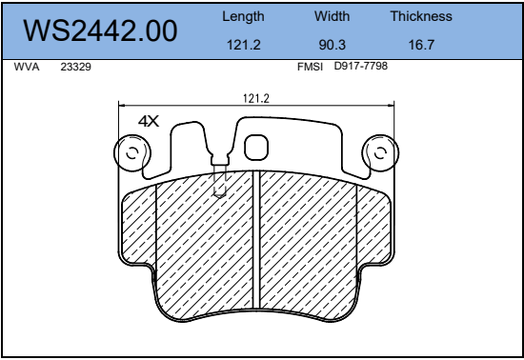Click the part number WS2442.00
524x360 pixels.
100,30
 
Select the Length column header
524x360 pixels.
243,16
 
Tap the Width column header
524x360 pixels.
332,16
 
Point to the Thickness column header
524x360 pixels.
421,16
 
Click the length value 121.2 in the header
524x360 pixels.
244,45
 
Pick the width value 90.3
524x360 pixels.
333,45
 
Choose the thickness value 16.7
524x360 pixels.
421,45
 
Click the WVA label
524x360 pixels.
27,67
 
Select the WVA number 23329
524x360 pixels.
75,67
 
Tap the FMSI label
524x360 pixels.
310,67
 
